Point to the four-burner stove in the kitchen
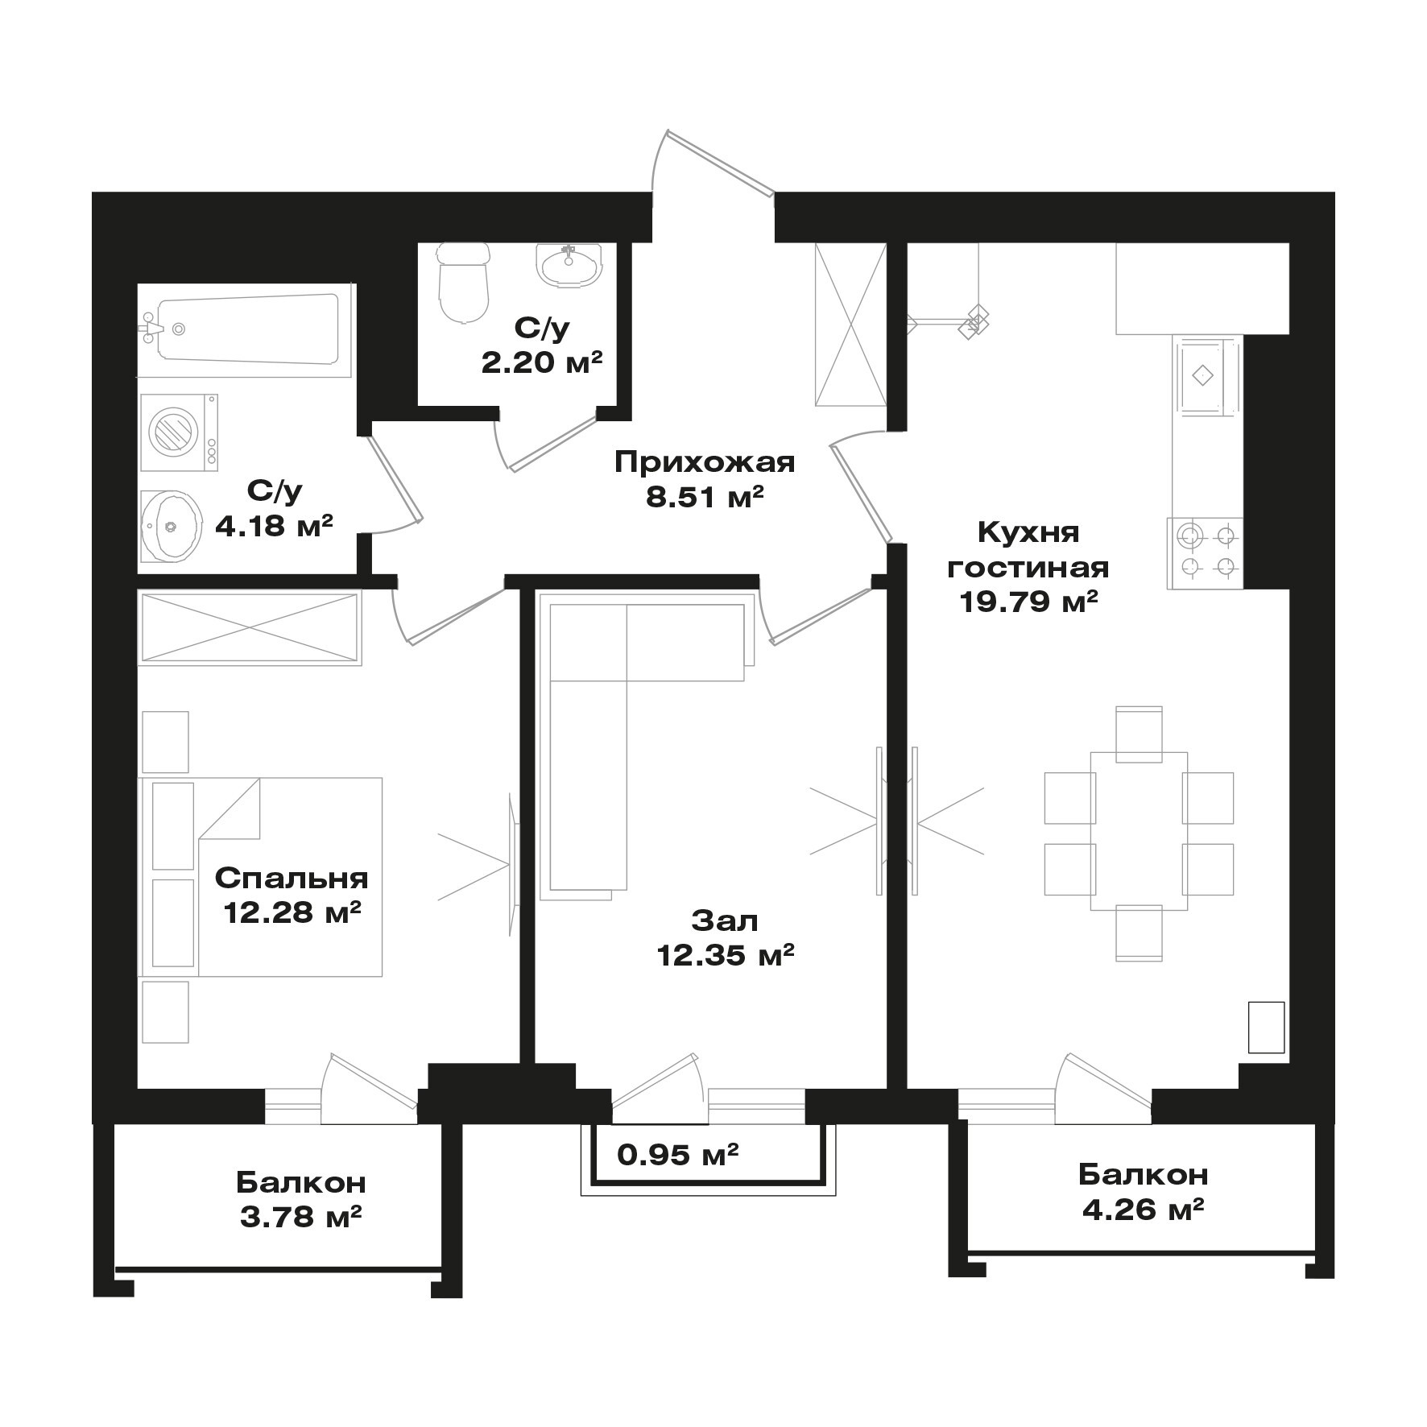1205,552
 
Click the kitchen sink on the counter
1206,376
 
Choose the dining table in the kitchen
1139,830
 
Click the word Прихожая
705,462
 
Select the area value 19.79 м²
1028,602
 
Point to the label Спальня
292,879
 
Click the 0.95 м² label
678,1156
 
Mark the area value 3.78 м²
300,1217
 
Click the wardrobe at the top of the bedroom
250,628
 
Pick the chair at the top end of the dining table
1139,734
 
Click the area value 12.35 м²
726,955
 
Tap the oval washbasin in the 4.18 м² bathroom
171,527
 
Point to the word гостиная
1028,568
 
